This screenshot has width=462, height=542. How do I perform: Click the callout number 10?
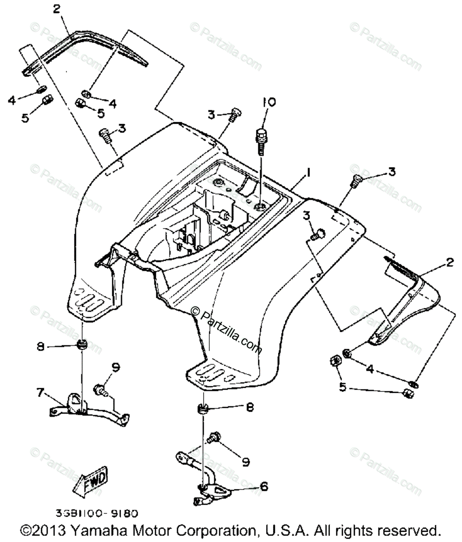(269, 102)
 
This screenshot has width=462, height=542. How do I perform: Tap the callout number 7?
(41, 393)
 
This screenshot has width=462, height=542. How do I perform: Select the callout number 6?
(264, 486)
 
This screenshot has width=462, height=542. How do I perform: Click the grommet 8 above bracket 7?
(82, 344)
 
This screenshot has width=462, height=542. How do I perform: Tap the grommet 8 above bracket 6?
(202, 408)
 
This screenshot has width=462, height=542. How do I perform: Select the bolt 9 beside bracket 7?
(101, 390)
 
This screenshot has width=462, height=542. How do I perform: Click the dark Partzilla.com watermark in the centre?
(226, 329)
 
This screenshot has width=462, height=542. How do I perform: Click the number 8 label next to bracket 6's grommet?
(249, 407)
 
